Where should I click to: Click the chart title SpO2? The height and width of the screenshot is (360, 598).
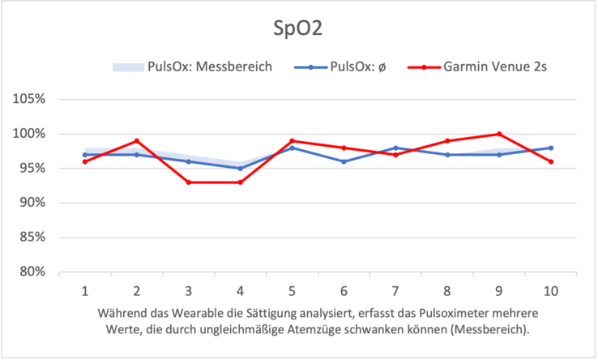299,29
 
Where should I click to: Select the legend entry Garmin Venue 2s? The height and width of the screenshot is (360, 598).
495,66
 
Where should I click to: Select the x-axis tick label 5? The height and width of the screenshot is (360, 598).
292,289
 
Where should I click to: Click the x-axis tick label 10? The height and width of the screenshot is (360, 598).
550,289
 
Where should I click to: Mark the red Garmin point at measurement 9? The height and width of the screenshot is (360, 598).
499,134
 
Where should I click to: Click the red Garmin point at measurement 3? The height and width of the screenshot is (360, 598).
188,182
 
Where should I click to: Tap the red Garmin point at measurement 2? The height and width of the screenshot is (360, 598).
137,141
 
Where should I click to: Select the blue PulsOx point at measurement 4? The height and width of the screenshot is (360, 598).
240,169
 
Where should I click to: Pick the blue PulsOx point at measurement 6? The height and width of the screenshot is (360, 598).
344,161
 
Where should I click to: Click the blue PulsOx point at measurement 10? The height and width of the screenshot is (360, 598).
551,148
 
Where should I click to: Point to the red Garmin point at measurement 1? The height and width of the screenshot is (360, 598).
85,161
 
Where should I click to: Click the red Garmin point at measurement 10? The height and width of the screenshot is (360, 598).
551,161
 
